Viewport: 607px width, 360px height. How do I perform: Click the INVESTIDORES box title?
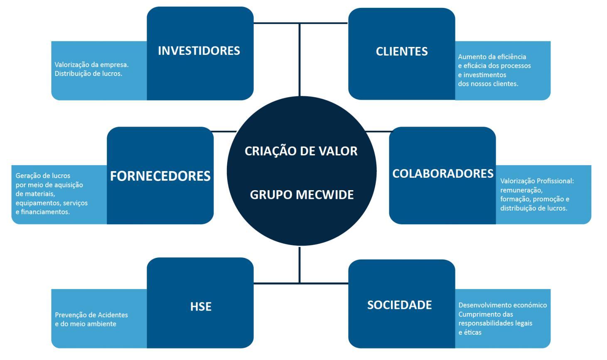199,51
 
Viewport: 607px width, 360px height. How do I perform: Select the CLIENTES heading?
401,51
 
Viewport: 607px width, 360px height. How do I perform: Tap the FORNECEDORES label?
160,176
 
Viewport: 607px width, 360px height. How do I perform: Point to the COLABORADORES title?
442,174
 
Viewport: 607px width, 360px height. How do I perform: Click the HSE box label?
201,306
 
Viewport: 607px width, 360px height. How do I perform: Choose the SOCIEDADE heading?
399,305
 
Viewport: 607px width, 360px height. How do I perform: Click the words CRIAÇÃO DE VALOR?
301,151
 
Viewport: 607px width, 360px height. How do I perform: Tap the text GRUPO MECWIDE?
302,195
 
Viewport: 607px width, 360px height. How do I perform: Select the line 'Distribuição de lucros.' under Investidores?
88,74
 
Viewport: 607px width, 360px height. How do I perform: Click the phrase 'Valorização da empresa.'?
91,65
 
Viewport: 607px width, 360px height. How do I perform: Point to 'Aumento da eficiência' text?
492,57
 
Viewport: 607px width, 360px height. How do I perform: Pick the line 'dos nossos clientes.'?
488,84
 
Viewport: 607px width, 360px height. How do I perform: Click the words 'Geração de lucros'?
43,176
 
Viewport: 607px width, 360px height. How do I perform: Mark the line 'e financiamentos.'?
42,212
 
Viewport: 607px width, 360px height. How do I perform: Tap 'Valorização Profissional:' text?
537,181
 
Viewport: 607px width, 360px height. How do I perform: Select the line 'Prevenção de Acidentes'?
91,315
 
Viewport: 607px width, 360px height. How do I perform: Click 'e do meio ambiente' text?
86,324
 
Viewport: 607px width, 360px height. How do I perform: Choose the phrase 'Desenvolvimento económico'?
502,305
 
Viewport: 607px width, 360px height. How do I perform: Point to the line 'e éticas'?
469,332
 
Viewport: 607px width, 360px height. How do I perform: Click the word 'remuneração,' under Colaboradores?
521,190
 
